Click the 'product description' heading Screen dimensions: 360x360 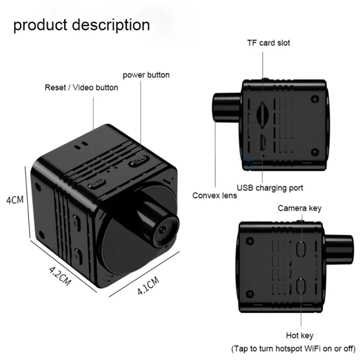click(81, 25)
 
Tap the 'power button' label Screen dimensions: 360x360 click(146, 75)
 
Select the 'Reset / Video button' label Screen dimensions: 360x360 click(81, 87)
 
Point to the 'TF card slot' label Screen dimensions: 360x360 click(268, 43)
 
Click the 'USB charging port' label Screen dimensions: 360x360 click(270, 188)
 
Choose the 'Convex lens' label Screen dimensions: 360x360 click(215, 196)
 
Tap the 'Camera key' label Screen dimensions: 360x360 click(299, 208)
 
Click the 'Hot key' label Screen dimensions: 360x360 click(299, 335)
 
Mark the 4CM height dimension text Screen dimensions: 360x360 click(15, 200)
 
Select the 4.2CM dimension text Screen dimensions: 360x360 click(60, 275)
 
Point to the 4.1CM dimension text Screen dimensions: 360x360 click(148, 286)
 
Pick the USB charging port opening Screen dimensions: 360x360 click(263, 142)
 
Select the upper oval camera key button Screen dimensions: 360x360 click(301, 249)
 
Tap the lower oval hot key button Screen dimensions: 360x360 click(301, 285)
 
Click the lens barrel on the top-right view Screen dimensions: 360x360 click(227, 107)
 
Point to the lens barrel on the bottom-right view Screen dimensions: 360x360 click(339, 249)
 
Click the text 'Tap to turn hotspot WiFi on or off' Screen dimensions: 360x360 click(293, 349)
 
